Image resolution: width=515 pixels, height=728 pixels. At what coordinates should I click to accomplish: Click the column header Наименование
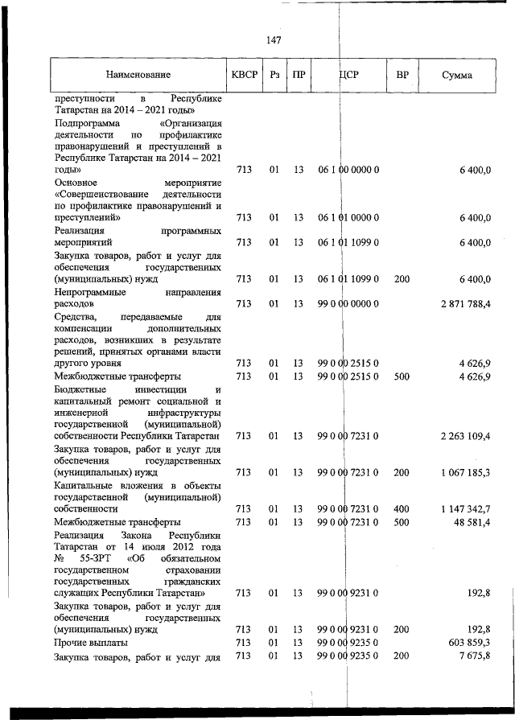pos(138,75)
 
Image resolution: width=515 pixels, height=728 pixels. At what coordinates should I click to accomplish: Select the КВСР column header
pos(244,75)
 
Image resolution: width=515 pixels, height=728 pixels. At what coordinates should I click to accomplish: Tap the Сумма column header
pos(457,75)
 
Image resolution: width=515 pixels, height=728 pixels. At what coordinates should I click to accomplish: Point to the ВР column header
pos(402,75)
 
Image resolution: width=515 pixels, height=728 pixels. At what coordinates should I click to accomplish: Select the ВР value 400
pos(402,509)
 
